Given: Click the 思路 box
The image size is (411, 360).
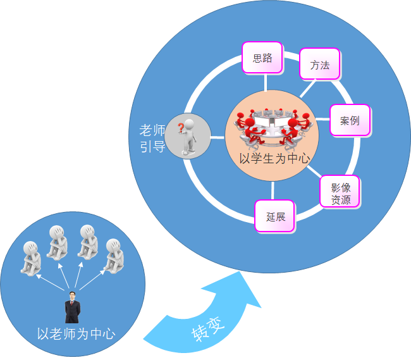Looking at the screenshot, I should point(262,58).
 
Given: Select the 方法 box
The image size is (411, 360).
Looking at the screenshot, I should point(319,64).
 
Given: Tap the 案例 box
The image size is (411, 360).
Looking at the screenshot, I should point(350,120).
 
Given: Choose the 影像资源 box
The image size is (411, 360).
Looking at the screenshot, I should point(340,190).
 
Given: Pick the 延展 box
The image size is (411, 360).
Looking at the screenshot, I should point(275,216).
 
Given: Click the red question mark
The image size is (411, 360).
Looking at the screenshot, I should point(180,128).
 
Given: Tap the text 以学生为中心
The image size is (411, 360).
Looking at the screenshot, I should point(274,158).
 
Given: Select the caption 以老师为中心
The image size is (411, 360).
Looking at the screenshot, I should point(76,333).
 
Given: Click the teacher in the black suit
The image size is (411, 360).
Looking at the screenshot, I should point(73,307).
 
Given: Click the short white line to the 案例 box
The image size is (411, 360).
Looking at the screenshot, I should point(325,120).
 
